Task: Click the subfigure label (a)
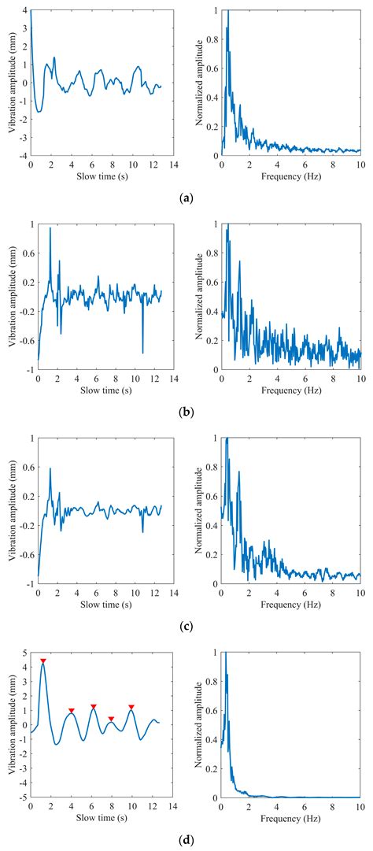186,198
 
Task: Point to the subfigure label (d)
186,840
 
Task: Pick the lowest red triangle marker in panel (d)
111,719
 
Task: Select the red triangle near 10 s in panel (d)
131,707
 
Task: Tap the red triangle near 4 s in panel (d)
72,711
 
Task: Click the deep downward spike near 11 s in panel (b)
142,352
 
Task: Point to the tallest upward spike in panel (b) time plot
50,228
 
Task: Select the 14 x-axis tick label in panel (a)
171,166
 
